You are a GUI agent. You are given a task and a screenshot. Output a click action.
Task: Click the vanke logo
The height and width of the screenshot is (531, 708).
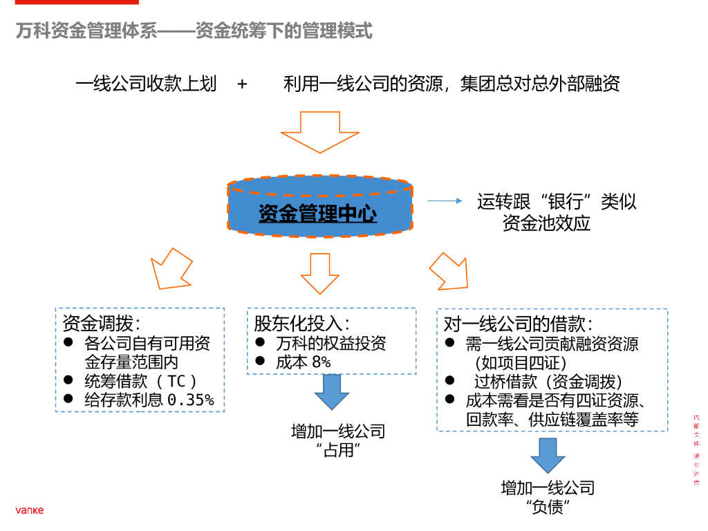pos(30,510)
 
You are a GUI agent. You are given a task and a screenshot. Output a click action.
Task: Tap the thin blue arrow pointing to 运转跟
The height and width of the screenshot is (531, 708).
pos(444,201)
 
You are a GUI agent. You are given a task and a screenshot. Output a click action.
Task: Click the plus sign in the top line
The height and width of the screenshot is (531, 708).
pos(242,84)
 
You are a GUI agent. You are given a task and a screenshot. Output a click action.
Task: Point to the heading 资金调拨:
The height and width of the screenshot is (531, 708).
pos(102,323)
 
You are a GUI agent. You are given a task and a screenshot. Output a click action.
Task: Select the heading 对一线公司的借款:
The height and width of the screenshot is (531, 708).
pos(518,323)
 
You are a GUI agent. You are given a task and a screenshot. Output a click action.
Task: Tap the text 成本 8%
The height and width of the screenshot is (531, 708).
pos(304,362)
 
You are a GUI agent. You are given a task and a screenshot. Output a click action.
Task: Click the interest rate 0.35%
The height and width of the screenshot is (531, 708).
pos(191,400)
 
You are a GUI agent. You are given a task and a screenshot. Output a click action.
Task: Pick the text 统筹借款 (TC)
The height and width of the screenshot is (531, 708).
pos(141,381)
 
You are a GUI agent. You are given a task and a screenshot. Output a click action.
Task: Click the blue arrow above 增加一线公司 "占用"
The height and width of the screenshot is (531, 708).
pos(333,393)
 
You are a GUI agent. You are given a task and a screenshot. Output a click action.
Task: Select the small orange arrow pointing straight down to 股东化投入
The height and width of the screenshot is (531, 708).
pos(319,273)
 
